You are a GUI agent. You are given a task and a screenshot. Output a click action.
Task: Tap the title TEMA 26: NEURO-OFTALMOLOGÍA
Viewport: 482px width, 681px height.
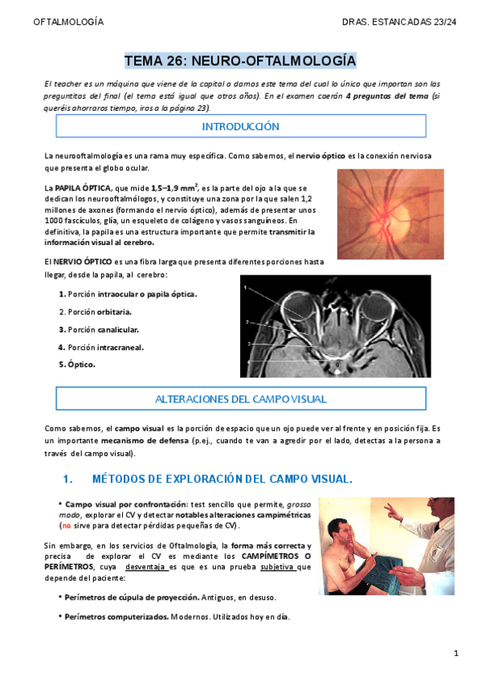240,61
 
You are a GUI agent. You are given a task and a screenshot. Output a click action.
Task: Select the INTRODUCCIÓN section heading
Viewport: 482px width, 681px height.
240,126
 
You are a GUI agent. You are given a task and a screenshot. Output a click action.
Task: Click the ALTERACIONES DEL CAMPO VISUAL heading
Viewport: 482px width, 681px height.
240,398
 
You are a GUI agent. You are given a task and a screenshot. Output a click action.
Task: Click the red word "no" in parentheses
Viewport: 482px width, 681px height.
67,525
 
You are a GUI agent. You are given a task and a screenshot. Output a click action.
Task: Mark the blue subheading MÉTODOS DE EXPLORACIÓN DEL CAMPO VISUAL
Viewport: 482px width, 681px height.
223,479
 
